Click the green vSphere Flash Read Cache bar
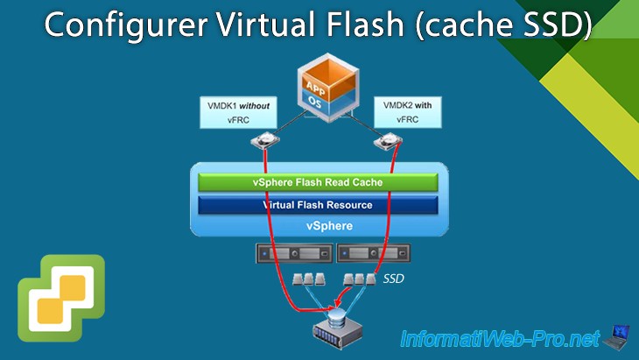317,182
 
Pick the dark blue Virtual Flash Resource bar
317,205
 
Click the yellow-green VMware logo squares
59,298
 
